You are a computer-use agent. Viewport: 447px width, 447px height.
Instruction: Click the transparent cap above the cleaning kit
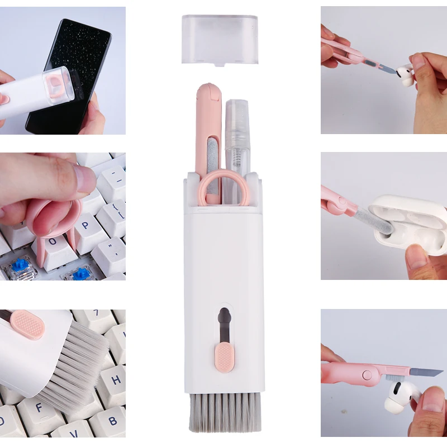pyautogui.click(x=220, y=39)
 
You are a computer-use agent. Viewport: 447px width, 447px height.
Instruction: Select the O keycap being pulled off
pyautogui.click(x=53, y=244)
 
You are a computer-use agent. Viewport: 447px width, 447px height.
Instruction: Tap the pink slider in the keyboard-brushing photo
pyautogui.click(x=27, y=326)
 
